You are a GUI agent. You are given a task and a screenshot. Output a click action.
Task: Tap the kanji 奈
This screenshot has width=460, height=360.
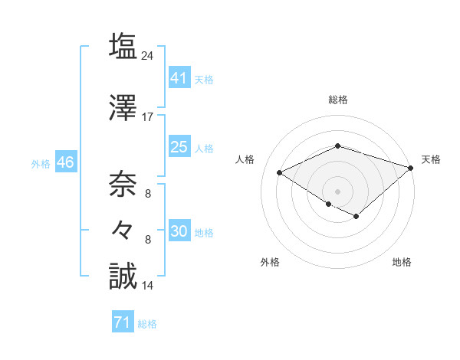(122, 184)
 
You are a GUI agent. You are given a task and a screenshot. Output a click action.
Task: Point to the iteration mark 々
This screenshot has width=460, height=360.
(122, 229)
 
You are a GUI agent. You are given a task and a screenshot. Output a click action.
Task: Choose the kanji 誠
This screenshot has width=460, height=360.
(122, 276)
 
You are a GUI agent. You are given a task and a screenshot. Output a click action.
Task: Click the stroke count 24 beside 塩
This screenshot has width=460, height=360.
(148, 55)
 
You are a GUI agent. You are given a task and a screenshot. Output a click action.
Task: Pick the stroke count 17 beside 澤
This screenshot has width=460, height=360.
(148, 117)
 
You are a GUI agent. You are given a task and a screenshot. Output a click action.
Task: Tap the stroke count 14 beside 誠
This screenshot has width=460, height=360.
(148, 286)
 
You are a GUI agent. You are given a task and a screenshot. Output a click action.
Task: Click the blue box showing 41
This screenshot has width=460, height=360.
(179, 77)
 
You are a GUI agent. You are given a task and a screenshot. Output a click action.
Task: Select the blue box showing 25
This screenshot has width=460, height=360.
(179, 147)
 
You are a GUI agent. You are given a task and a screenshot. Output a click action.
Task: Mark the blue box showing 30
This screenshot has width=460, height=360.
(179, 231)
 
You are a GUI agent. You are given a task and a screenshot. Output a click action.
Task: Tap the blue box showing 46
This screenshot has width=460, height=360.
(64, 162)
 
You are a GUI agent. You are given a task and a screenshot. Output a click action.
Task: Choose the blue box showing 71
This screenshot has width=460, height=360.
(122, 322)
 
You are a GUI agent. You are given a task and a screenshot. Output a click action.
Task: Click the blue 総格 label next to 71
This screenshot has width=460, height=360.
(147, 324)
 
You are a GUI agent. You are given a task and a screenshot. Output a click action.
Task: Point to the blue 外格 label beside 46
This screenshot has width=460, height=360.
(41, 164)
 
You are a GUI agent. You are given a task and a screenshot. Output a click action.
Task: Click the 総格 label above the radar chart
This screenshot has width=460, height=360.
(338, 100)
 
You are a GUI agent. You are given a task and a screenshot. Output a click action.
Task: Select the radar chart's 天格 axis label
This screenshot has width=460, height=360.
(431, 159)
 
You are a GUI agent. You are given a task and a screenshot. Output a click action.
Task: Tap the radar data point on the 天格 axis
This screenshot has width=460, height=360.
(412, 167)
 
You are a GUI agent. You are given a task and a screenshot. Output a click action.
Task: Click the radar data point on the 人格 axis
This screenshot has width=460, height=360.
(280, 172)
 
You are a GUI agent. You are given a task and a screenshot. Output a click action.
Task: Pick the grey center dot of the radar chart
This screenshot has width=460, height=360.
(338, 191)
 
